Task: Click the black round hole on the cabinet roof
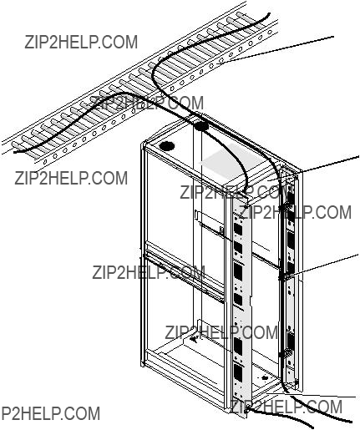(x=166, y=146)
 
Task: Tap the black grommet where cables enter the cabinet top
(x=201, y=127)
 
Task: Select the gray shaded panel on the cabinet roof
(x=233, y=162)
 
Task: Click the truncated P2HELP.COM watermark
(x=50, y=413)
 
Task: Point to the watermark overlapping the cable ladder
(x=148, y=103)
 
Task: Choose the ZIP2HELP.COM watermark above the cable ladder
(x=81, y=42)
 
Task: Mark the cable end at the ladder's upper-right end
(x=268, y=13)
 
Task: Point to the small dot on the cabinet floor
(x=265, y=378)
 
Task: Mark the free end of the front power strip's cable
(x=312, y=427)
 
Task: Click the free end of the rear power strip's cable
(x=352, y=422)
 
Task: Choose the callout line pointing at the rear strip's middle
(x=320, y=266)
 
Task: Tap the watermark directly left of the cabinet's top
(x=71, y=178)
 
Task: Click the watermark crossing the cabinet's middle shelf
(x=149, y=272)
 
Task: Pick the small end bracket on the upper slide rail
(x=222, y=230)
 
